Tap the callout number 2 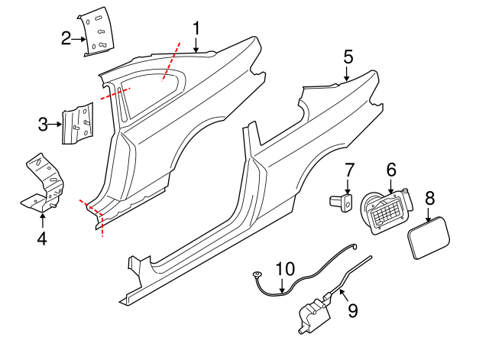pyautogui.click(x=66, y=37)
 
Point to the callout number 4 pyautogui.click(x=41, y=238)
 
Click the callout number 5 pyautogui.click(x=348, y=57)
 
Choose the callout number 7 pyautogui.click(x=348, y=170)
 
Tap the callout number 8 pyautogui.click(x=429, y=198)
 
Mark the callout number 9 pyautogui.click(x=352, y=310)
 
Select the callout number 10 pyautogui.click(x=284, y=269)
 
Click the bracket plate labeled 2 pyautogui.click(x=96, y=32)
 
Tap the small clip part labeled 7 pyautogui.click(x=342, y=202)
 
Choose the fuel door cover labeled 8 pyautogui.click(x=430, y=237)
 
